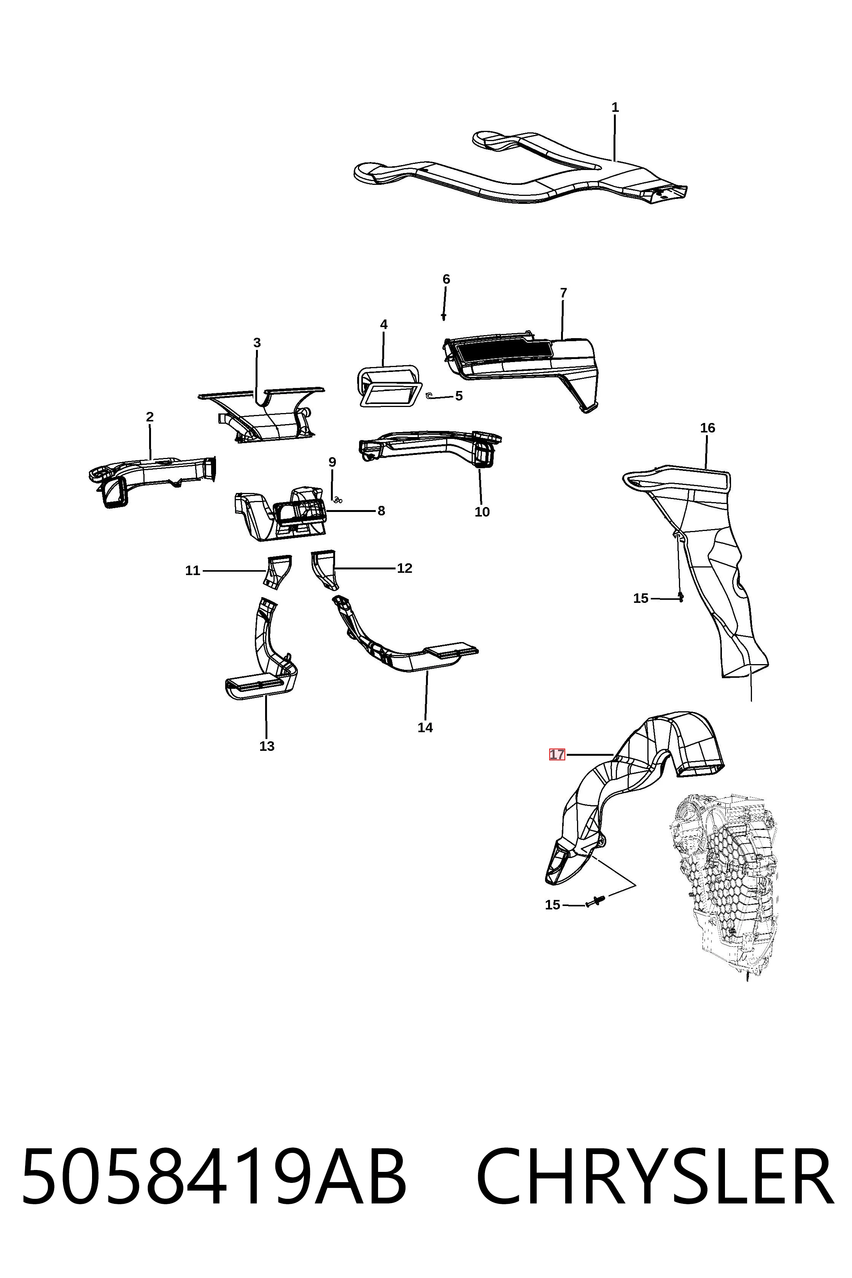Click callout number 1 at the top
point(615,108)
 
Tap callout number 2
point(149,417)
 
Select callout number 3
point(257,343)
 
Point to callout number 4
point(384,324)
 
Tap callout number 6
point(446,279)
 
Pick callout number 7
point(563,293)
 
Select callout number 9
point(332,463)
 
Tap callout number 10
point(482,512)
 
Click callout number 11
point(193,571)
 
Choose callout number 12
point(404,568)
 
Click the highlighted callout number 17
point(557,755)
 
